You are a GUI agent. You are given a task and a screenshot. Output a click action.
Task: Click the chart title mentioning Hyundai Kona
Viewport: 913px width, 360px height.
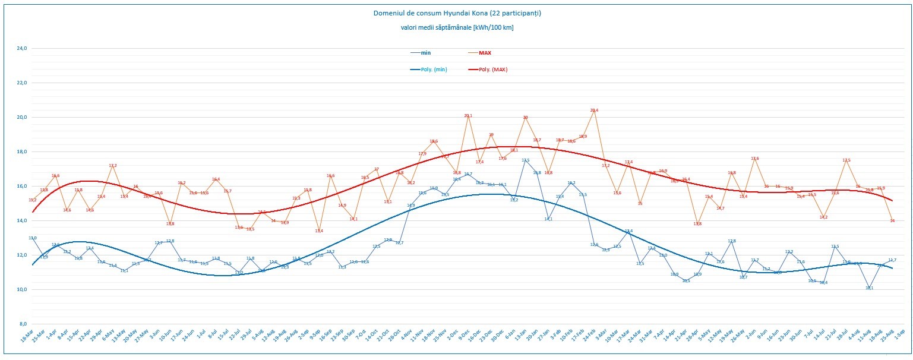point(457,12)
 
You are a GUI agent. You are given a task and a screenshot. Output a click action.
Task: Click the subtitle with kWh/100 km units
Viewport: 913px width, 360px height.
point(457,28)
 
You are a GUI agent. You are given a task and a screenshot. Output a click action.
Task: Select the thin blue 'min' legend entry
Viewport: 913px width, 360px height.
point(425,53)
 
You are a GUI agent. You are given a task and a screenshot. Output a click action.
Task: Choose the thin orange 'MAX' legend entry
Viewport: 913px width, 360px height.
point(485,53)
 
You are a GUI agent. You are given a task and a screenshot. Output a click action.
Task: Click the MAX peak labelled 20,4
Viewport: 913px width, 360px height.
point(594,110)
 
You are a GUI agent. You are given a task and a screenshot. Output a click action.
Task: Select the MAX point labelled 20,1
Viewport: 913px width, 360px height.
point(467,116)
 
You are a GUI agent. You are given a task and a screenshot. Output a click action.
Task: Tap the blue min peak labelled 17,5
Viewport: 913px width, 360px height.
point(525,160)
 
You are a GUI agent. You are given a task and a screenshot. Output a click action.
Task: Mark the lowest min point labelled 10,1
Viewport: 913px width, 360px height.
point(869,288)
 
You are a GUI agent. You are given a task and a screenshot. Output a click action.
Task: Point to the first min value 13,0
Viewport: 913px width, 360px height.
point(33,238)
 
